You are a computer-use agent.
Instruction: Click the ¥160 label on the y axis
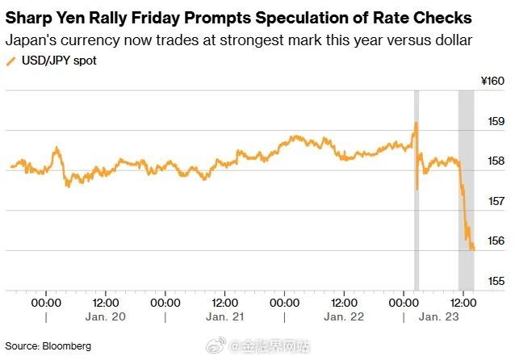click(x=492, y=82)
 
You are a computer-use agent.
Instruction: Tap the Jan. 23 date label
click(x=439, y=318)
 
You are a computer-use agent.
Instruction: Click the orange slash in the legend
click(x=10, y=61)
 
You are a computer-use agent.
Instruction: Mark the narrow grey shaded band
click(x=416, y=190)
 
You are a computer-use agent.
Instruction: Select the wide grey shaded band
click(x=467, y=190)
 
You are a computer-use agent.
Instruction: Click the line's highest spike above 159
click(x=416, y=123)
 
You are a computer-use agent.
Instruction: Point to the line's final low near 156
click(x=472, y=249)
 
